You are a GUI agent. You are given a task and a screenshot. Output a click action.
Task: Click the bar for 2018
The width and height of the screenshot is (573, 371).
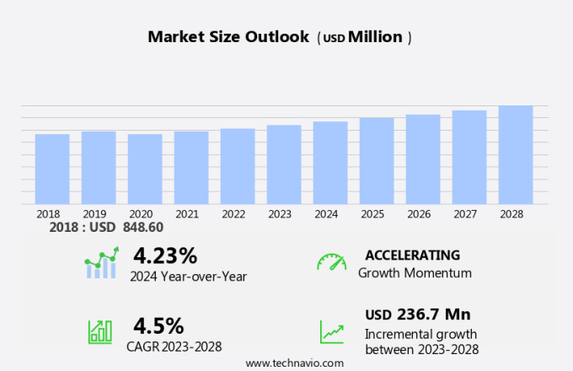(52, 169)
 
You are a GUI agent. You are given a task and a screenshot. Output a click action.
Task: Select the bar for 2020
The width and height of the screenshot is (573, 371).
(145, 169)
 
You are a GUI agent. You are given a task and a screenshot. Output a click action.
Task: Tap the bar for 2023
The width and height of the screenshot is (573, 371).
(284, 164)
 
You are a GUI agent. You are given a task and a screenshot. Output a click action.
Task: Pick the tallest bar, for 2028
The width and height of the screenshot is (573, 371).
(516, 154)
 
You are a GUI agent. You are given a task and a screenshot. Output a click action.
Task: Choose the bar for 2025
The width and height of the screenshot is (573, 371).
(377, 160)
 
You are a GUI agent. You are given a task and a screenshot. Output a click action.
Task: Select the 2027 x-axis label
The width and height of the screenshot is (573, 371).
(469, 214)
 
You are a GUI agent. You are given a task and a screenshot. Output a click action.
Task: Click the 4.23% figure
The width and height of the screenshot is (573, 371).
(165, 255)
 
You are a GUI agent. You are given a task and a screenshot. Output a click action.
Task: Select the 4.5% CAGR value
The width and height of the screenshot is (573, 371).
(158, 325)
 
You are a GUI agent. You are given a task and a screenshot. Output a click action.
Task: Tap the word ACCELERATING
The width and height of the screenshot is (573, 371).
(412, 255)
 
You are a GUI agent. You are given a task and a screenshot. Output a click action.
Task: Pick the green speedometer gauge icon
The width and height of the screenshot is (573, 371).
(331, 261)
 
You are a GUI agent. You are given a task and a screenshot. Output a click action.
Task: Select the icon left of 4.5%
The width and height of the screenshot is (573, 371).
(100, 331)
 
